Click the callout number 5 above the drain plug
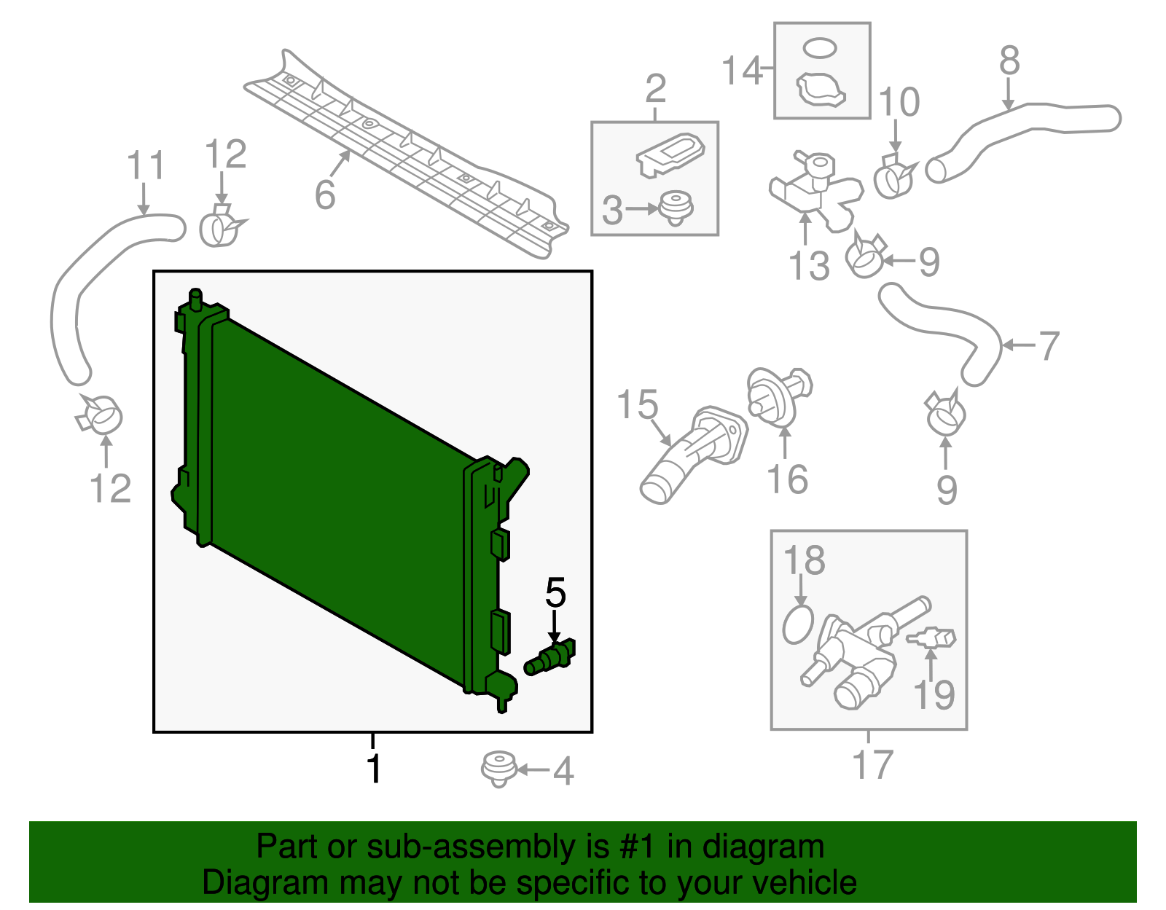click(555, 593)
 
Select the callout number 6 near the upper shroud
click(325, 195)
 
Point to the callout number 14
click(741, 71)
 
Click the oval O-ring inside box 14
click(820, 49)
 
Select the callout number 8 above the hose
click(1009, 61)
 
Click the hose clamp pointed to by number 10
click(894, 178)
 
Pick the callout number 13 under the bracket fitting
click(809, 266)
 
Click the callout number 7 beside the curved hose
click(1048, 345)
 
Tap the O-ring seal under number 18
click(798, 624)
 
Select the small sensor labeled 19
click(933, 638)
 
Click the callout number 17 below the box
click(872, 764)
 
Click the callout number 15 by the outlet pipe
click(637, 405)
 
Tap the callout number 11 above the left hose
click(146, 167)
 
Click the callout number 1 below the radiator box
click(374, 769)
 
